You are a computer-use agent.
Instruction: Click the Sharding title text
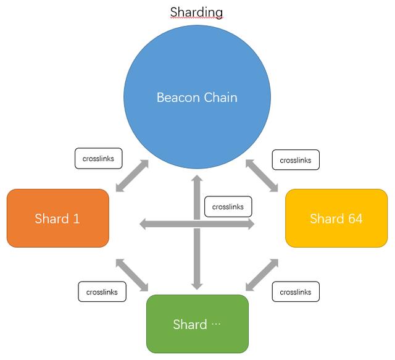point(196,12)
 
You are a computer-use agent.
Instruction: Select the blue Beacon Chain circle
point(197,97)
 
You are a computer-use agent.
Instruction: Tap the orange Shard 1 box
point(58,219)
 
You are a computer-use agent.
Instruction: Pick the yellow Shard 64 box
point(336,219)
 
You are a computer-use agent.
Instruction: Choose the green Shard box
point(197,324)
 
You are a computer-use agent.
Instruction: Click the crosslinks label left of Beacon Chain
point(99,159)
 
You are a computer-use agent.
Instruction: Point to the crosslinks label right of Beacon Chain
point(296,160)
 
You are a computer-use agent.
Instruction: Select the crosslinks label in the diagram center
point(228,207)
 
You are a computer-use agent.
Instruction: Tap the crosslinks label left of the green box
point(102,291)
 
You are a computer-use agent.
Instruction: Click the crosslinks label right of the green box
point(296,291)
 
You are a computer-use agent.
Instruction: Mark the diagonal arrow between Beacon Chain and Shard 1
point(132,176)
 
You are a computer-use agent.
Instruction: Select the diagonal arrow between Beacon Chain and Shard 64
point(262,176)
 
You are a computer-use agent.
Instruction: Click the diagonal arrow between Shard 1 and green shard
point(132,275)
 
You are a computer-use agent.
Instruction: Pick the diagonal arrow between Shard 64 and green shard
point(262,275)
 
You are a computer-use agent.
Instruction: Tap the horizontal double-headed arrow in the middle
point(197,224)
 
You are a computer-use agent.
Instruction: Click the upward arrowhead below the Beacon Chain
point(197,178)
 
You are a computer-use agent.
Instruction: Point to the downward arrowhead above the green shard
point(197,287)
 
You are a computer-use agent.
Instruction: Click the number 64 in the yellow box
point(355,219)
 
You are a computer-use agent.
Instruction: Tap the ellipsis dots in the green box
point(216,323)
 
